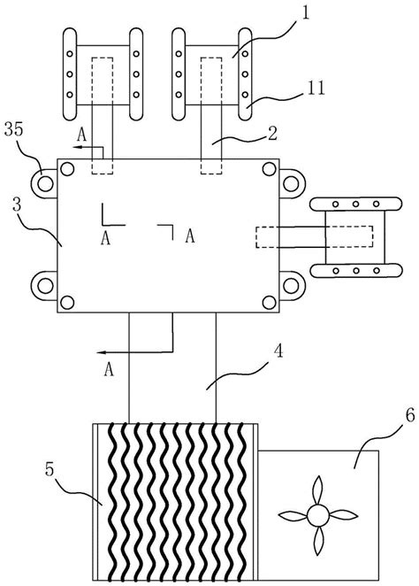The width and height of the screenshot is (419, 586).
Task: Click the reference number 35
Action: click(x=14, y=130)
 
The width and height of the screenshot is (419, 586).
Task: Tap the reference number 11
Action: click(x=317, y=89)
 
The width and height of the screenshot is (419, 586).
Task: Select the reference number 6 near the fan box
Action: click(x=409, y=415)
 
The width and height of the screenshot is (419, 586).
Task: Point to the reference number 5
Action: click(x=50, y=470)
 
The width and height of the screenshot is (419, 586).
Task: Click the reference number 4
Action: click(x=278, y=351)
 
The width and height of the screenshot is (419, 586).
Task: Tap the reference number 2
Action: click(x=273, y=135)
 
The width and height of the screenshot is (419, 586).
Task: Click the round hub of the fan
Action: click(x=318, y=516)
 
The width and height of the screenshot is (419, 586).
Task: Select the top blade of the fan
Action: click(x=318, y=490)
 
